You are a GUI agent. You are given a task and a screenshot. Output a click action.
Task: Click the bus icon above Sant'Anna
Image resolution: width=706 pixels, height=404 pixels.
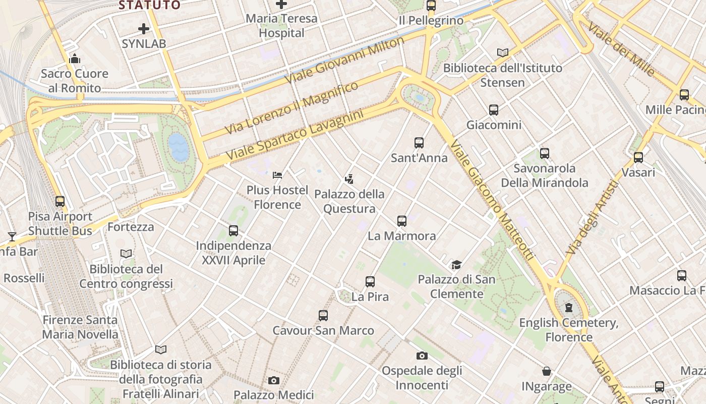pyautogui.click(x=419, y=143)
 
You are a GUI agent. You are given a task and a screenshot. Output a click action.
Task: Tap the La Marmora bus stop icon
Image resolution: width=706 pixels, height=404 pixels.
pyautogui.click(x=402, y=221)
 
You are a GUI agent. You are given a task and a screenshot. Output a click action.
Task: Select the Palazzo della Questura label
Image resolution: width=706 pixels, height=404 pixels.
pyautogui.click(x=349, y=201)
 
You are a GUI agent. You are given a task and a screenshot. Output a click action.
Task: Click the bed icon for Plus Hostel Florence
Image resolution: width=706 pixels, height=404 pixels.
pyautogui.click(x=277, y=175)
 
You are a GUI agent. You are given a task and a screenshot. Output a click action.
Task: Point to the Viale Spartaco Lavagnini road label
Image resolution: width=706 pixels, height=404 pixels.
pyautogui.click(x=295, y=135)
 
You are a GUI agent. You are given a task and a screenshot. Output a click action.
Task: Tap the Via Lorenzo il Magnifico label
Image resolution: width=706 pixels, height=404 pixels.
pyautogui.click(x=291, y=108)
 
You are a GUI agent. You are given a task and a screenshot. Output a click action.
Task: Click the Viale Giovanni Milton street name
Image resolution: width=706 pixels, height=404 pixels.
pyautogui.click(x=344, y=61)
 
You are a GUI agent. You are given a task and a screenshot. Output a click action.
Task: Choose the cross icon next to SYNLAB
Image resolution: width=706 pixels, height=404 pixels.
pyautogui.click(x=144, y=29)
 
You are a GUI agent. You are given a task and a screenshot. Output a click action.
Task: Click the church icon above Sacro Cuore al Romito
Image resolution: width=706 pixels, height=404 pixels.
pyautogui.click(x=75, y=59)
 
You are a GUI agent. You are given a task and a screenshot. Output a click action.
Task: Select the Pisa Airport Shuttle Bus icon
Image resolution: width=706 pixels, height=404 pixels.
pyautogui.click(x=60, y=201)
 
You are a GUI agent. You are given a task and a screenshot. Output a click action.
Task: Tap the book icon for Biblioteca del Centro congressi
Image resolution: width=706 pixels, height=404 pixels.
pyautogui.click(x=126, y=254)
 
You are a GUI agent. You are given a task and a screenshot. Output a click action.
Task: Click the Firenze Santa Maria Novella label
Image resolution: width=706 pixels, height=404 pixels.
pyautogui.click(x=80, y=327)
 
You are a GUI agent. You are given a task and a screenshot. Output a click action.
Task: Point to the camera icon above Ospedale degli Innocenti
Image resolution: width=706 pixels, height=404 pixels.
pyautogui.click(x=422, y=356)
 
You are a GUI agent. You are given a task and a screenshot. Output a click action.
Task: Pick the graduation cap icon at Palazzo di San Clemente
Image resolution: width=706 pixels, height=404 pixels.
pyautogui.click(x=456, y=265)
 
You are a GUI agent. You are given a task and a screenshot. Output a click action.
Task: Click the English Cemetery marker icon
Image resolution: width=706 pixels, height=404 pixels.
pyautogui.click(x=569, y=308)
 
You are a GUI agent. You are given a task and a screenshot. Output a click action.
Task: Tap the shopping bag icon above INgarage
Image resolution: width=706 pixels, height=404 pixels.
pyautogui.click(x=547, y=372)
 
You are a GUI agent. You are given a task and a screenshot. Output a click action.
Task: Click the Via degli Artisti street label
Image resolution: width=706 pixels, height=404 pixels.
pyautogui.click(x=592, y=218)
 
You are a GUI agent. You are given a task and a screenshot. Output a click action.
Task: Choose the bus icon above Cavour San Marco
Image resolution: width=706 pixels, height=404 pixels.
pyautogui.click(x=323, y=316)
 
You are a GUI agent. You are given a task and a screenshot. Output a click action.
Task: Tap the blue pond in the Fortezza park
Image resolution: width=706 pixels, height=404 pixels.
pyautogui.click(x=179, y=146)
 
